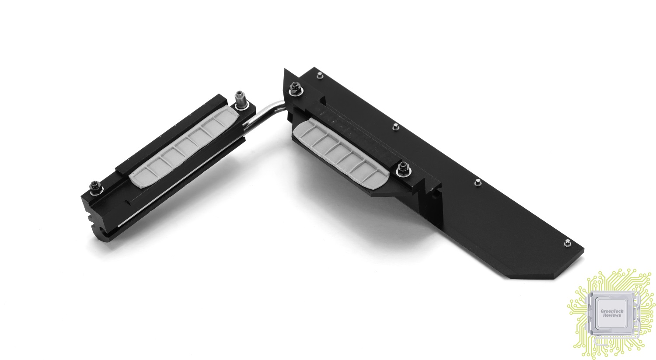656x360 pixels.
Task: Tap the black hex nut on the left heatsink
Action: [x=96, y=188]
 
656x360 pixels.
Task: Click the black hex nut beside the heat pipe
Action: [x=294, y=89]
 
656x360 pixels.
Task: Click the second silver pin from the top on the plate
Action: [x=395, y=127]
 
